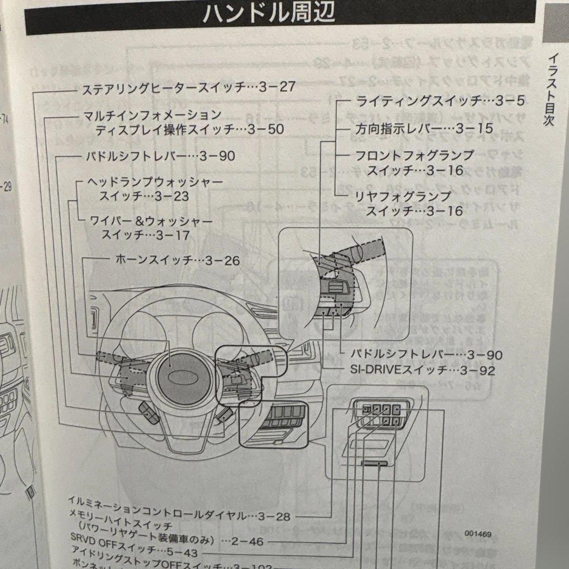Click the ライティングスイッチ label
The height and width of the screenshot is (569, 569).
tap(419, 101)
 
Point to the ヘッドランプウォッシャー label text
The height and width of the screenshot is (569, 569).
tap(155, 182)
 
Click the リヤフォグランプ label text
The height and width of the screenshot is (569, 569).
tap(404, 197)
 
